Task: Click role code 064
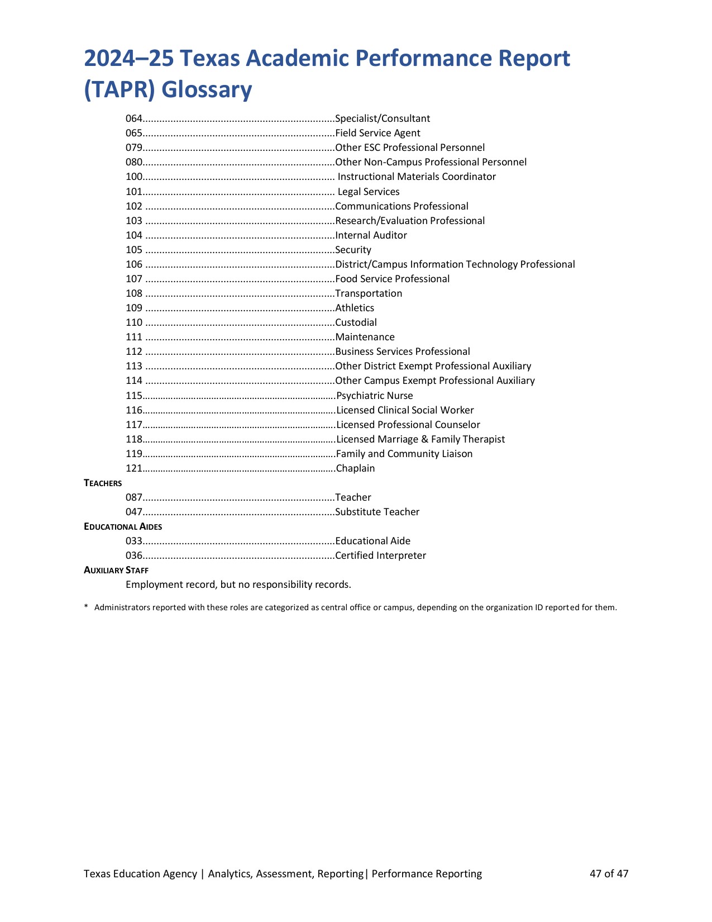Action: [x=134, y=118]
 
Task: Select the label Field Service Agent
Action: [x=377, y=133]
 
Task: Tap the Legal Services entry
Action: [x=369, y=192]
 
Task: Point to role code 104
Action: [x=134, y=235]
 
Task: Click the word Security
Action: [x=353, y=250]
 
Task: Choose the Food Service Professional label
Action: [x=392, y=279]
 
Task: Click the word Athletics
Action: [x=355, y=308]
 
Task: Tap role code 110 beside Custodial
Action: [x=134, y=322]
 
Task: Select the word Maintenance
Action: [x=365, y=337]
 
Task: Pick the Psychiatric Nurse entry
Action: [x=374, y=396]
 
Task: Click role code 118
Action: [x=134, y=439]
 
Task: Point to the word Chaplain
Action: [x=355, y=468]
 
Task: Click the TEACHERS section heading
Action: [x=103, y=483]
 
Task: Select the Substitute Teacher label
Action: [x=377, y=512]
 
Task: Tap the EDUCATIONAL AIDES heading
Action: [x=123, y=526]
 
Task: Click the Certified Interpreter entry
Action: [x=380, y=555]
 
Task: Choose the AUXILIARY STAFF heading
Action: [x=116, y=570]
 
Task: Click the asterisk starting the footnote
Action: [x=86, y=607]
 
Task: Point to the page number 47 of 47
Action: [x=609, y=873]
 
